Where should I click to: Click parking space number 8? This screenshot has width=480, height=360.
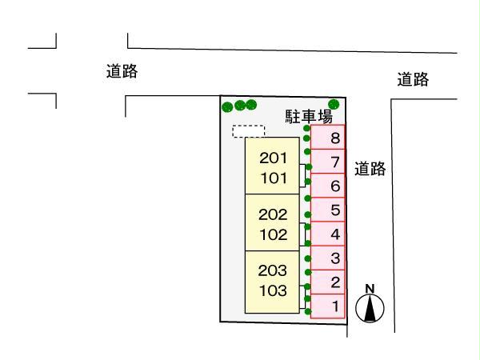click(328, 137)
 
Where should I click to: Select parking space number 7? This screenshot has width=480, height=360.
click(328, 162)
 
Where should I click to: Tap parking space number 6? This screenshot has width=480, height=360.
click(328, 186)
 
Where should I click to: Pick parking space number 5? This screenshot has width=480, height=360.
click(328, 210)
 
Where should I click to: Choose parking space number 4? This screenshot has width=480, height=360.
click(328, 234)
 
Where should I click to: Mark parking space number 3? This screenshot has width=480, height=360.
click(328, 258)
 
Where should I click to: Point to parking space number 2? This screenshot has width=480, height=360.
click(328, 282)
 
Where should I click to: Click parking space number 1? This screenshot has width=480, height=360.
click(328, 306)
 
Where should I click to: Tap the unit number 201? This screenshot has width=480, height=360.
click(273, 158)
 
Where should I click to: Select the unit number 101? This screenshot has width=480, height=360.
click(274, 178)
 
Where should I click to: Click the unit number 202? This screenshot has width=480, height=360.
click(273, 214)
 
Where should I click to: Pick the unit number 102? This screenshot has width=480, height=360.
click(274, 234)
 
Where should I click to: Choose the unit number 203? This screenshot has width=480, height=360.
click(273, 270)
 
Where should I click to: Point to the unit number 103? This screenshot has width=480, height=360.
click(273, 291)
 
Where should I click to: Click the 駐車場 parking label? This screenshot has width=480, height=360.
click(309, 117)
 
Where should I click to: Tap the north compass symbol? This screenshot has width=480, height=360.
click(370, 308)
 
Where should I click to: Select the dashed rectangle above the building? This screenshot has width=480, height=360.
click(248, 131)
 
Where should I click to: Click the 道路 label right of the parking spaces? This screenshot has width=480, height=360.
click(370, 169)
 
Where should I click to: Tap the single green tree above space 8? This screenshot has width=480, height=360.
click(334, 104)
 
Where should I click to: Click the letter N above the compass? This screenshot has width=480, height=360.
click(370, 289)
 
